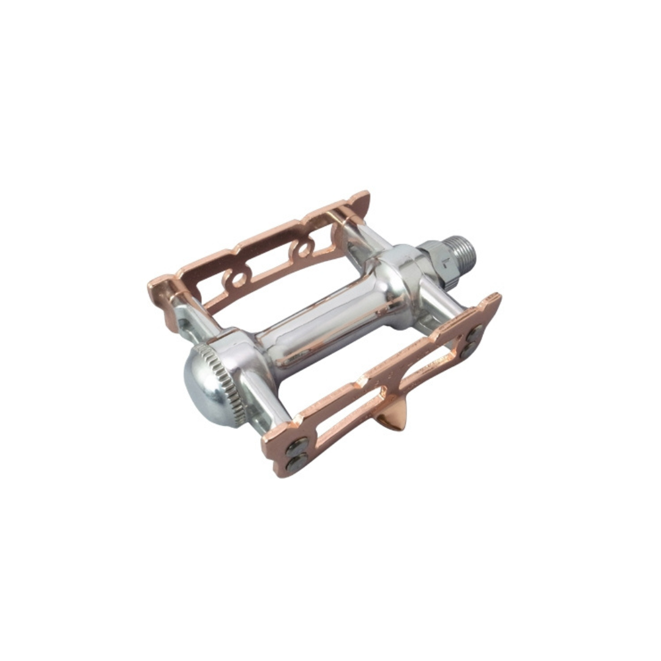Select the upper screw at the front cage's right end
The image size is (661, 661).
[x=475, y=334]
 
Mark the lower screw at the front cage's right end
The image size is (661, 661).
[x=469, y=350]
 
